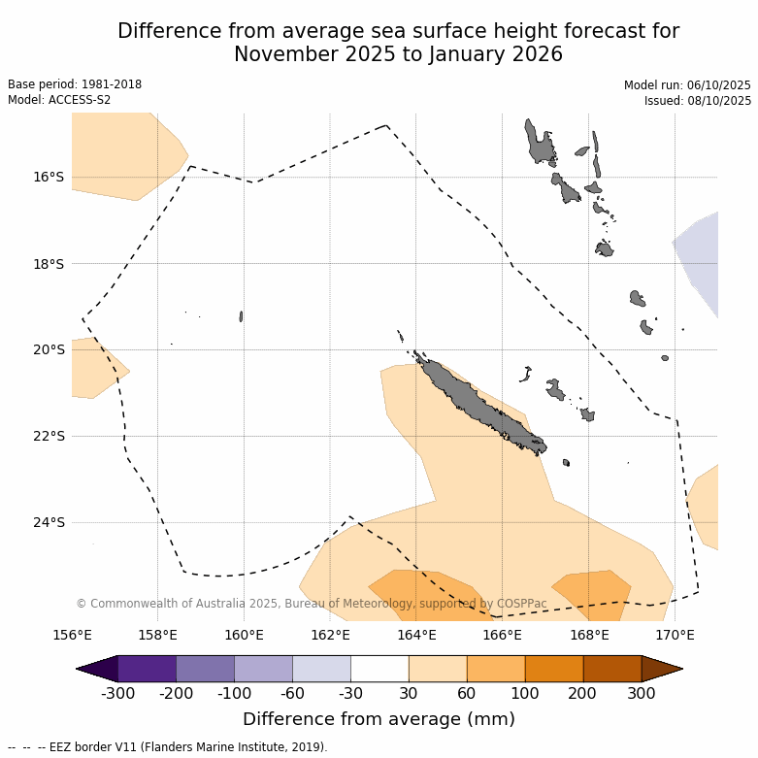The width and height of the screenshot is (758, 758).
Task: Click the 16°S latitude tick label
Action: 49,178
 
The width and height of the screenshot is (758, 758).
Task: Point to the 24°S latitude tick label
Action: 49,523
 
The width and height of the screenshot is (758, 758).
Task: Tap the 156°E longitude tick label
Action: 72,636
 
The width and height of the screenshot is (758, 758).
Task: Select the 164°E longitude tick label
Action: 416,636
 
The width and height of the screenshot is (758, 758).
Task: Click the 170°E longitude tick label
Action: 675,636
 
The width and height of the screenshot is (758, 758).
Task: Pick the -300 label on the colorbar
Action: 117,694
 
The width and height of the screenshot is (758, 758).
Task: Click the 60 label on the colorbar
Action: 467,694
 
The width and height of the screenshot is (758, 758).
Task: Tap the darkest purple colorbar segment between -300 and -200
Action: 147,669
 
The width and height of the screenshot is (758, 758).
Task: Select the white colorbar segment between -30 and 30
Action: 379,669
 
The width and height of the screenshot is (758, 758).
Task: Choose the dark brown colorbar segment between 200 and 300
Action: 612,669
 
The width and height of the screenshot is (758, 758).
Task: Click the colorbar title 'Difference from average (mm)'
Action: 379,719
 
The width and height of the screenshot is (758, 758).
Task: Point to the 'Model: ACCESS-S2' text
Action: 59,100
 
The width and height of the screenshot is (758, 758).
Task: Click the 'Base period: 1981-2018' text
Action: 75,84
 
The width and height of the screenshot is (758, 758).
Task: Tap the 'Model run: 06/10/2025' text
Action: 687,85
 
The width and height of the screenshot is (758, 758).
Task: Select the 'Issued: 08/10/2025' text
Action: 698,101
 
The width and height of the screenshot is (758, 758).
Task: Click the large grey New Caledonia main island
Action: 476,403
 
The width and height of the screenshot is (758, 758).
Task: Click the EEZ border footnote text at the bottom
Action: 168,747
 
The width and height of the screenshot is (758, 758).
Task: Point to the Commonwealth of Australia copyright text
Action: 311,604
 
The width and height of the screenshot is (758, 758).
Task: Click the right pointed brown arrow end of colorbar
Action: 664,669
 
